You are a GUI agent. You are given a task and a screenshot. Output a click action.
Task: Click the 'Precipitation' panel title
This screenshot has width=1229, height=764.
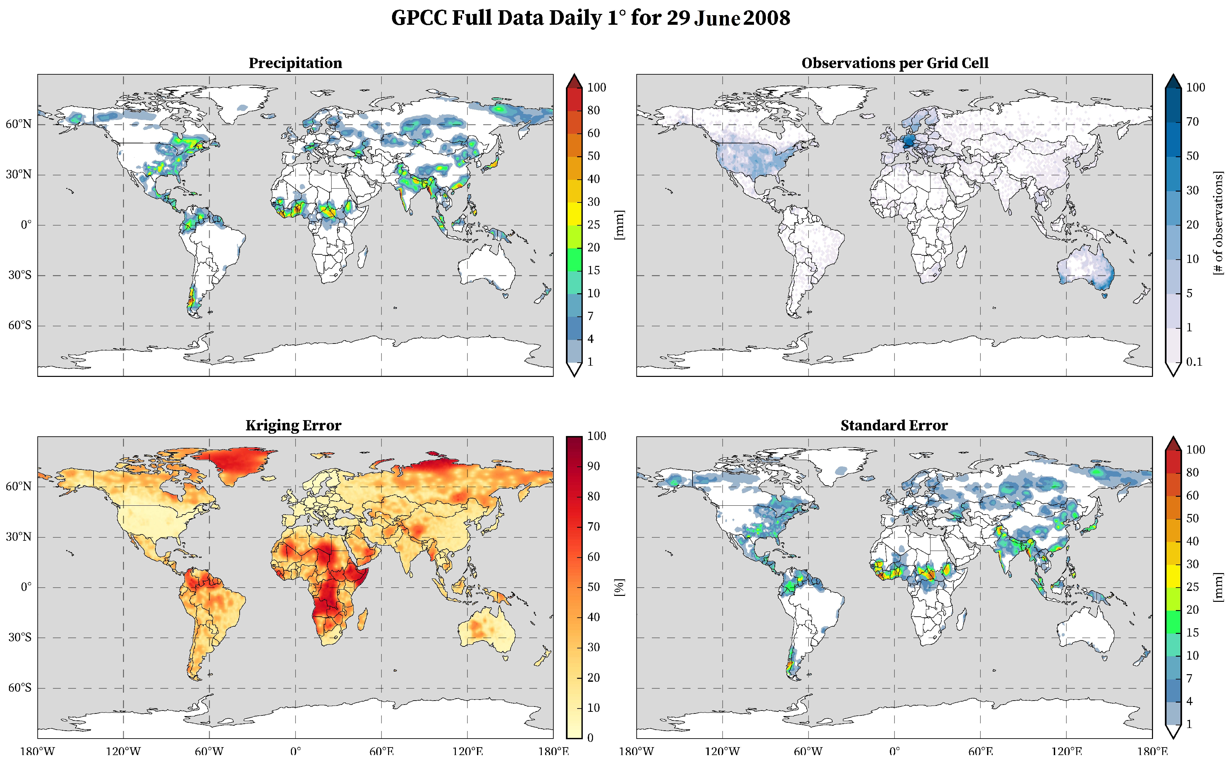[x=295, y=63]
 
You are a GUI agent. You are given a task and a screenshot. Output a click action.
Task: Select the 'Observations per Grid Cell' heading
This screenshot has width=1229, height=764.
[x=894, y=63]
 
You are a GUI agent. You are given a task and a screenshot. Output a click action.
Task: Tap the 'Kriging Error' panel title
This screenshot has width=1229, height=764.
[x=293, y=425]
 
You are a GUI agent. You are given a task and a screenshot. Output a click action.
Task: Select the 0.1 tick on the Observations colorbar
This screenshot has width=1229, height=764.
[x=1194, y=362]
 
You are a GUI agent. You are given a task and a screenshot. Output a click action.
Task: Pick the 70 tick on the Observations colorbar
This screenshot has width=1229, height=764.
[x=1192, y=122]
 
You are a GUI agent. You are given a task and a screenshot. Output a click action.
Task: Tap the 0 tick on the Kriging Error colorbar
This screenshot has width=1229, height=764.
[x=590, y=738]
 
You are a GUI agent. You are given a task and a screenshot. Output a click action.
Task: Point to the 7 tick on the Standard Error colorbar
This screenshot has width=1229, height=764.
[x=1189, y=678]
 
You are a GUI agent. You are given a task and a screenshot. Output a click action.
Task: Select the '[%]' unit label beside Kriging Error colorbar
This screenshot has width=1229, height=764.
[x=619, y=587]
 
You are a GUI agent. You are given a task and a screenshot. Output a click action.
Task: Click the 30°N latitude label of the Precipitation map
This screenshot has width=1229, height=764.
[x=19, y=175]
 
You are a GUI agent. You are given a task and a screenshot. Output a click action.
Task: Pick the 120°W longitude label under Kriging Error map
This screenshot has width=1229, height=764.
[x=123, y=751]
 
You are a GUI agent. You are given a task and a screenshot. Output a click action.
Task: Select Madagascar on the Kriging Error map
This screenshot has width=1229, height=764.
[x=362, y=619]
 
